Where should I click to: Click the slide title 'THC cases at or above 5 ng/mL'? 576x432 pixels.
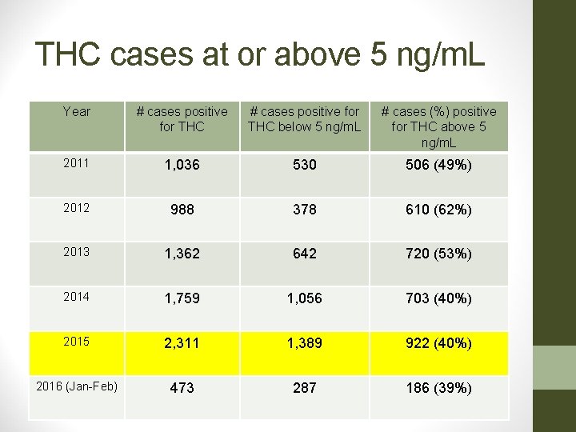260,54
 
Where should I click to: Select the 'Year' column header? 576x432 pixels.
77,112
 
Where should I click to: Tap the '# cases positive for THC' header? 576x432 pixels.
182,119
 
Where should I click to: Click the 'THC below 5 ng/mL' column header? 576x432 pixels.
304,119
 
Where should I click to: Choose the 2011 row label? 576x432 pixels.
77,163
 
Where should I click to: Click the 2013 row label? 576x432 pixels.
77,252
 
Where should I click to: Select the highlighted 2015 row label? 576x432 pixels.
77,341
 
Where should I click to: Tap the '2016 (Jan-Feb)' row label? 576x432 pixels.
77,386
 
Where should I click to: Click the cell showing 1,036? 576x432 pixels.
182,165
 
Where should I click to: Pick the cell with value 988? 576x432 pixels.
182,210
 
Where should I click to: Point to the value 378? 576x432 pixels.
304,210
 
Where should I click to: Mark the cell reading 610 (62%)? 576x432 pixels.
438,210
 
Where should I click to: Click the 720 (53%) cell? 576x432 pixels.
438,254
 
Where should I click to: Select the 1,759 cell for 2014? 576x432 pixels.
182,298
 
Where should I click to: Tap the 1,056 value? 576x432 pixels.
304,298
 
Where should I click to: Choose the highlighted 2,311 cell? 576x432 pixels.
182,343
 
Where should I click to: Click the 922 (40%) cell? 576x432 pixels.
438,343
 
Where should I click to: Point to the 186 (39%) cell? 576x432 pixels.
438,388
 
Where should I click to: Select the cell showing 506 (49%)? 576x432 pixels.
438,165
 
